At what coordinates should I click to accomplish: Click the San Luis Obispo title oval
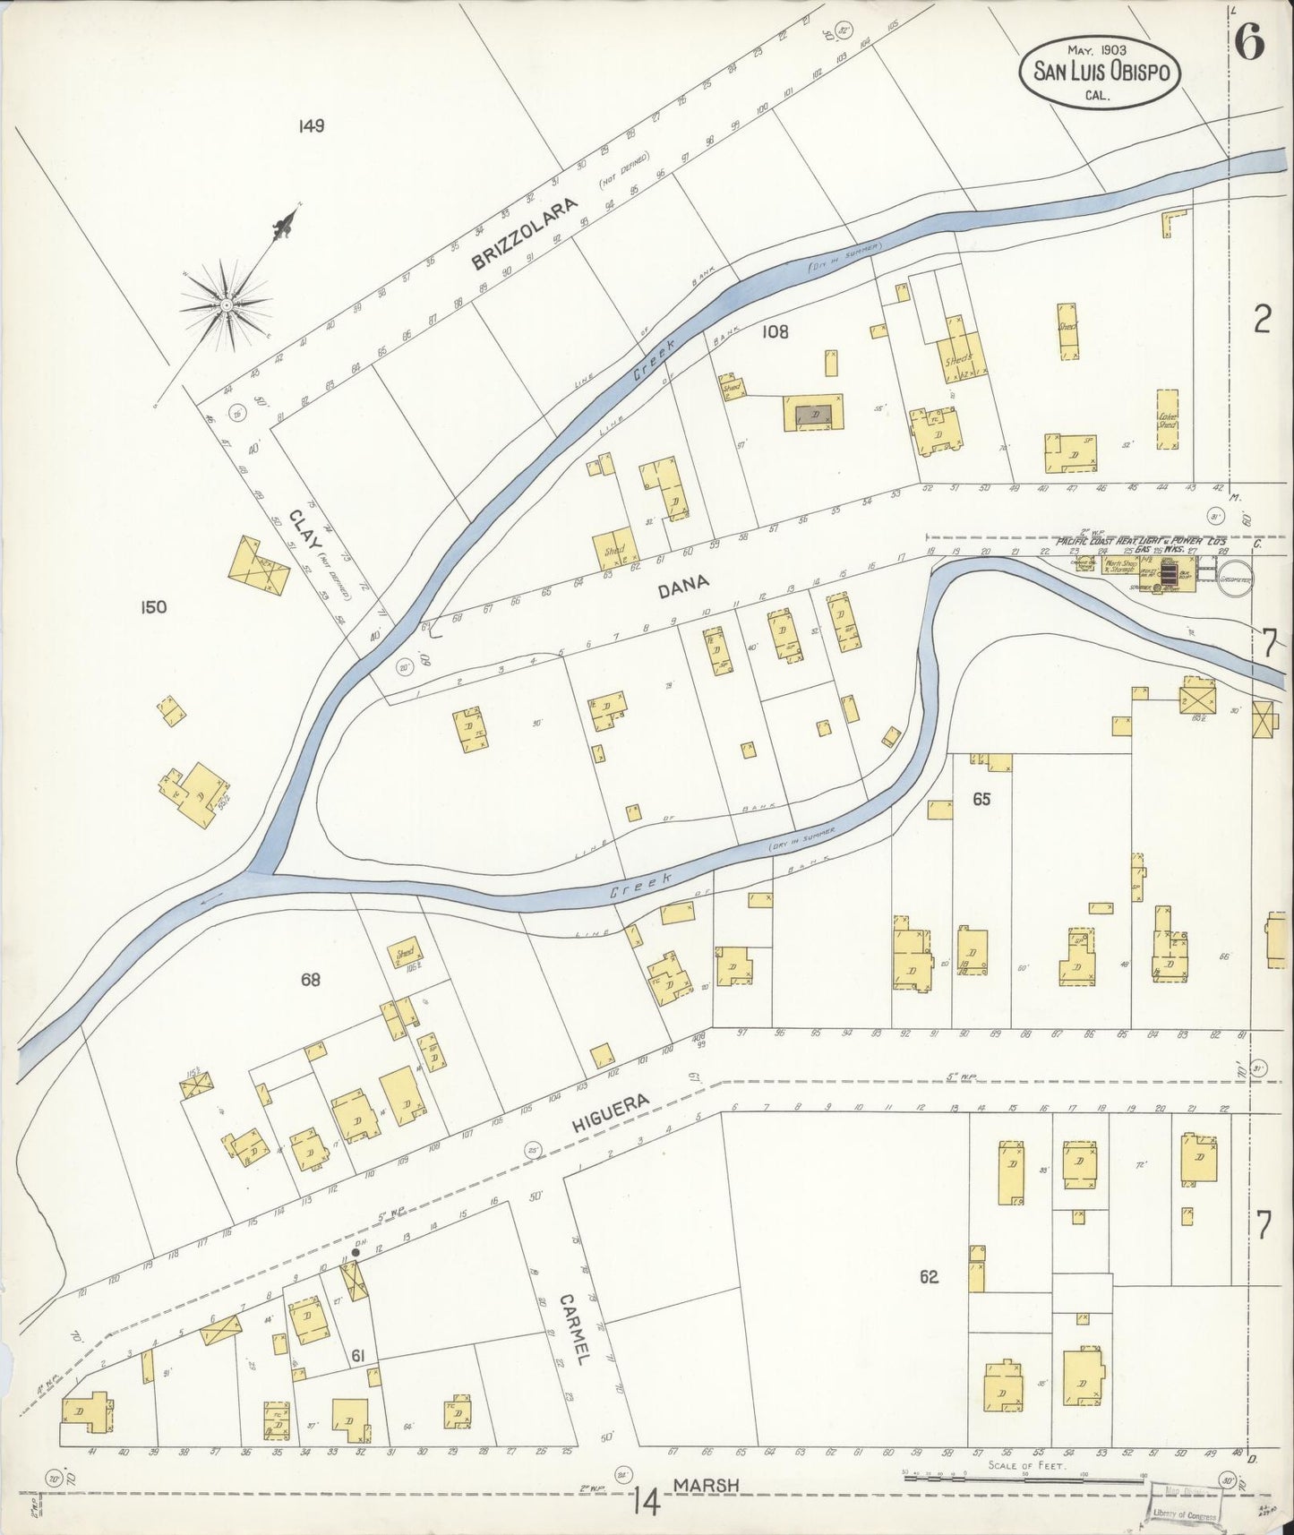pyautogui.click(x=1101, y=71)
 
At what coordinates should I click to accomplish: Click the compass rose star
pyautogui.click(x=226, y=304)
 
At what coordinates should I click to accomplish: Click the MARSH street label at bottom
pyautogui.click(x=707, y=1486)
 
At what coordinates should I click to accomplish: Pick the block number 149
pyautogui.click(x=312, y=126)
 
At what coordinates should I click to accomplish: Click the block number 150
pyautogui.click(x=153, y=607)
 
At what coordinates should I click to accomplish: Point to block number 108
pyautogui.click(x=775, y=331)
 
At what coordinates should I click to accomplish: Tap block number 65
pyautogui.click(x=981, y=799)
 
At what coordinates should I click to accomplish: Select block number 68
pyautogui.click(x=311, y=981)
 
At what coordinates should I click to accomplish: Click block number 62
pyautogui.click(x=929, y=1276)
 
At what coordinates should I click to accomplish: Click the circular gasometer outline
pyautogui.click(x=1235, y=579)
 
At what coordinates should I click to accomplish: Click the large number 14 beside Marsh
pyautogui.click(x=646, y=1500)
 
